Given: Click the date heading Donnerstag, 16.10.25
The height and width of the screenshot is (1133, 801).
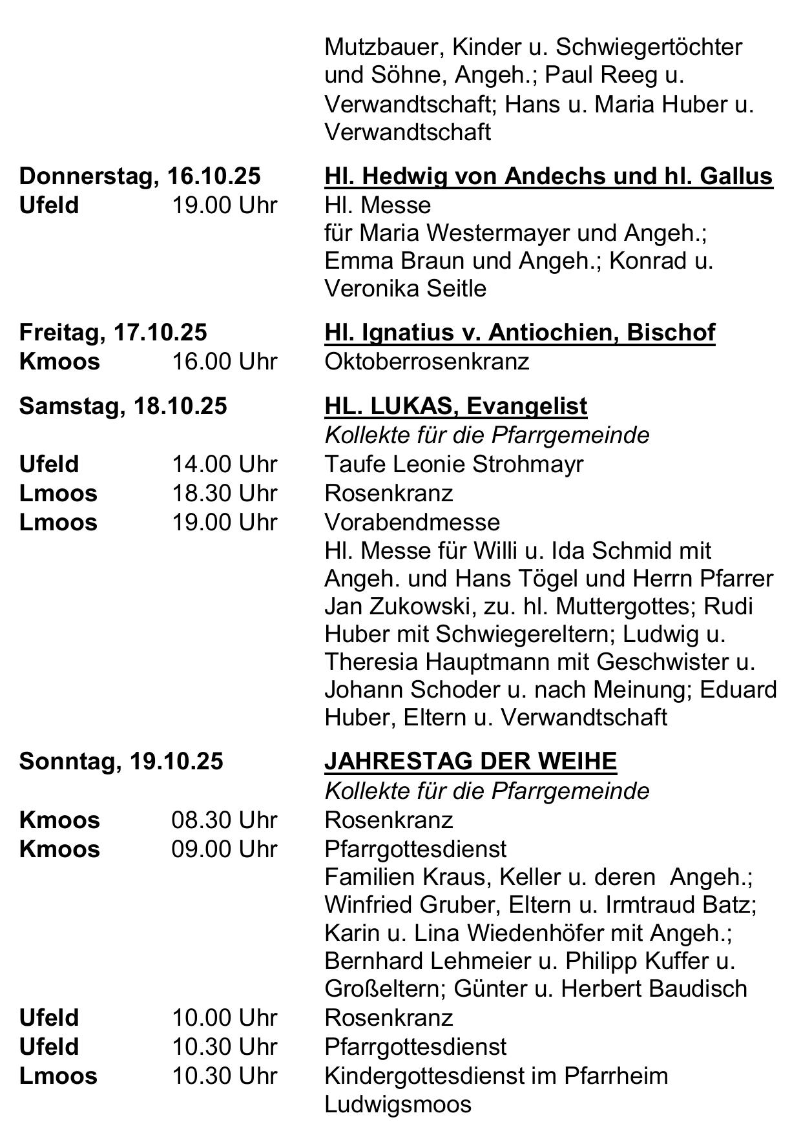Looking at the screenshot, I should pyautogui.click(x=140, y=176).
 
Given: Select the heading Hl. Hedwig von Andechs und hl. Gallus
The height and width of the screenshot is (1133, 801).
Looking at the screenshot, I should pyautogui.click(x=548, y=176).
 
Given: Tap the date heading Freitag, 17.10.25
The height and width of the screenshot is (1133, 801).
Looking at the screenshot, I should pyautogui.click(x=113, y=332).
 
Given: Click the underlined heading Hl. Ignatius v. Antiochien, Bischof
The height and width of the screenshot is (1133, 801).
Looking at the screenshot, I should pyautogui.click(x=519, y=332).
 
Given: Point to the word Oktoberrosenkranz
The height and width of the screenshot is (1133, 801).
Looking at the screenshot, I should pyautogui.click(x=426, y=361).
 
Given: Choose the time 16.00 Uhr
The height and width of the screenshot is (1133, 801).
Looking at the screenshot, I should pyautogui.click(x=224, y=361).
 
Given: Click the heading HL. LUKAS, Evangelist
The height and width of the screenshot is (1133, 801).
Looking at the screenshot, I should pyautogui.click(x=455, y=406).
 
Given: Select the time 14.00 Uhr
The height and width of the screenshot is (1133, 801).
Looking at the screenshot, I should pyautogui.click(x=224, y=464).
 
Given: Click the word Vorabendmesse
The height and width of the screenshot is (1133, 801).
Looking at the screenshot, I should pyautogui.click(x=412, y=522).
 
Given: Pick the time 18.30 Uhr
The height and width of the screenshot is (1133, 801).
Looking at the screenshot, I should pyautogui.click(x=224, y=493).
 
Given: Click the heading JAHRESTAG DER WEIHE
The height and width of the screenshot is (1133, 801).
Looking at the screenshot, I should pyautogui.click(x=470, y=761).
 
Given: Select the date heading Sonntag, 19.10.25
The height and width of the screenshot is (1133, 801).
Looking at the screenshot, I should pyautogui.click(x=121, y=761).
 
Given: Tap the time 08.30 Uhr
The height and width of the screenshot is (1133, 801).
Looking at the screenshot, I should pyautogui.click(x=224, y=820).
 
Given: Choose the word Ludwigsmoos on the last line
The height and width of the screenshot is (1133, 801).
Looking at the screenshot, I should pyautogui.click(x=397, y=1104).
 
